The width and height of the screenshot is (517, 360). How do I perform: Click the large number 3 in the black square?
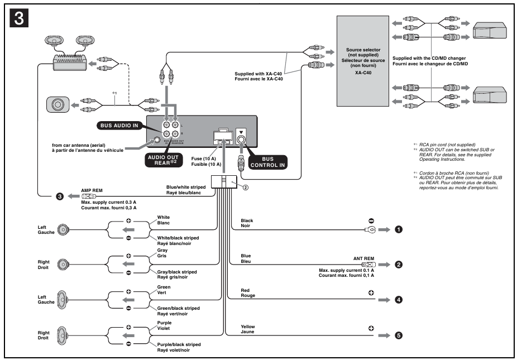point(18,18)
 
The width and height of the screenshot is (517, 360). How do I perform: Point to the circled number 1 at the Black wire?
point(399,229)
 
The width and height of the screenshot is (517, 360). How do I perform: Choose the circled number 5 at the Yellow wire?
point(399,335)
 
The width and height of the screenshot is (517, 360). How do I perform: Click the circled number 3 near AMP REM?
point(58,196)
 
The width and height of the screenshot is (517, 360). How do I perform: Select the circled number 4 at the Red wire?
point(399,299)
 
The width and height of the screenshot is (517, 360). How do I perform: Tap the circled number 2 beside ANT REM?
point(399,265)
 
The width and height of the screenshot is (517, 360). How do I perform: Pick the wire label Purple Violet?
point(164,326)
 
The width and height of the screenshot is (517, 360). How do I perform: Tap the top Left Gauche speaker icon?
point(64,229)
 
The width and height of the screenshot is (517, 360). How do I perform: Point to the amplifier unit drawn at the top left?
point(69,63)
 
